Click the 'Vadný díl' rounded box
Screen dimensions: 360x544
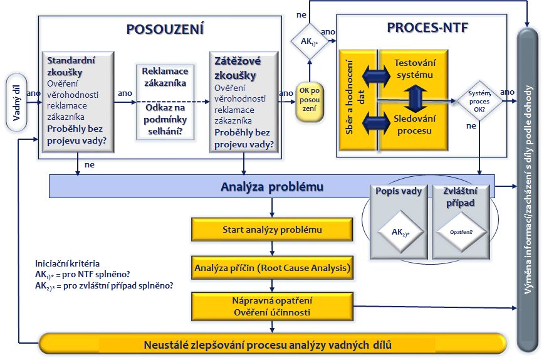(x=17, y=103)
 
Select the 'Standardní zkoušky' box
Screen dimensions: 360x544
(x=78, y=101)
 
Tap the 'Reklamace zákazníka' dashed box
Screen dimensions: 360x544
(x=165, y=101)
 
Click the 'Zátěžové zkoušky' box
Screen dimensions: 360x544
(x=244, y=101)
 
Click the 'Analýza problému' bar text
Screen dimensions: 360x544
(x=272, y=187)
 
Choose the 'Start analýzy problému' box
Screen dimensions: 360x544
(x=272, y=230)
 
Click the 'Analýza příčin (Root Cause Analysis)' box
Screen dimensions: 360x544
(x=272, y=268)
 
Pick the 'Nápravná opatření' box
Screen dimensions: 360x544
(x=272, y=305)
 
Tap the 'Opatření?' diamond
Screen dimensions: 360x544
(x=461, y=231)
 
